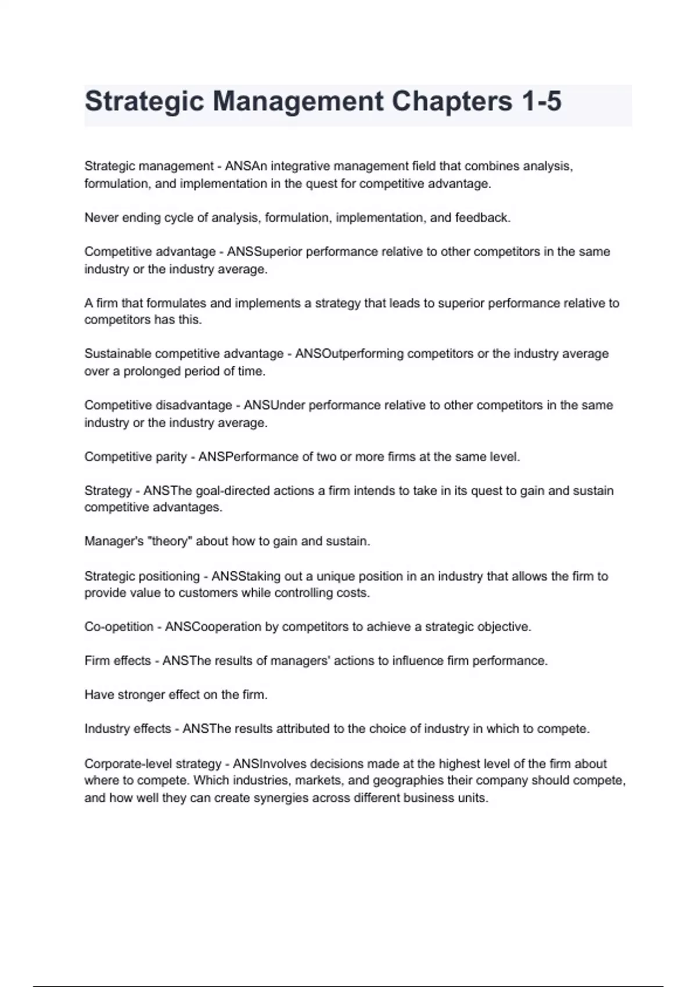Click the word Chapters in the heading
click(x=451, y=101)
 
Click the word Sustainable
click(x=118, y=354)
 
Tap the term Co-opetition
click(x=119, y=626)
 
